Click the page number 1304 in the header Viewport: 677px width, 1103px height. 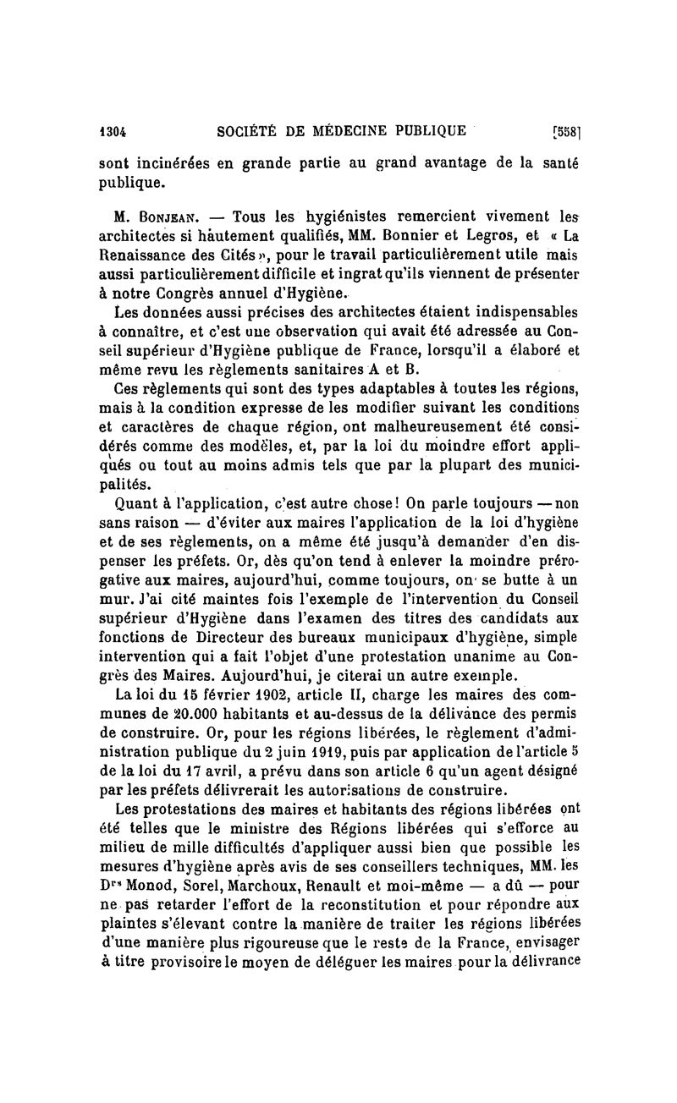[x=113, y=131]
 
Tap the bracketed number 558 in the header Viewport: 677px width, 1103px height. [x=564, y=132]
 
